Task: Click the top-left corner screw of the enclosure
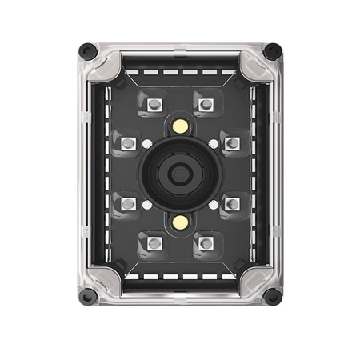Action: point(89,51)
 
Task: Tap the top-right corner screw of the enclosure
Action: point(273,51)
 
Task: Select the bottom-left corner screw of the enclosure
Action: point(89,297)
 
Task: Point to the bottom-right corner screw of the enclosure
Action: point(273,297)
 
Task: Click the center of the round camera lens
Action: point(181,174)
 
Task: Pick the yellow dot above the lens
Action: point(181,126)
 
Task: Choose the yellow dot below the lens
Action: point(181,222)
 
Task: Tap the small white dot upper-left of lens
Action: point(148,143)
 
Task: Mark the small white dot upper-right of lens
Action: point(214,143)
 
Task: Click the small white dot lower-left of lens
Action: point(148,205)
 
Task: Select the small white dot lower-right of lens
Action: point(214,205)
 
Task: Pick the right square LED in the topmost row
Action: point(206,104)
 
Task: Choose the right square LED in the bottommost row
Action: point(206,242)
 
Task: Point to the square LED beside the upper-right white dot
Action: point(233,144)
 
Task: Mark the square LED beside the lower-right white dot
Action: point(233,204)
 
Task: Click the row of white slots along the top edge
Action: point(181,71)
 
